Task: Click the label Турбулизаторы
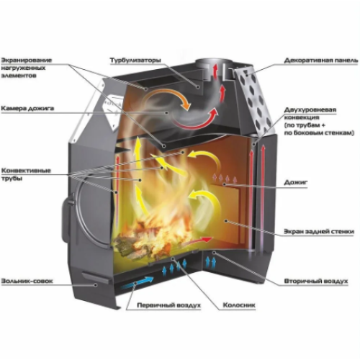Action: tap(135, 60)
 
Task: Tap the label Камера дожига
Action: tap(27, 109)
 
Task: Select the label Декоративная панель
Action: tap(321, 60)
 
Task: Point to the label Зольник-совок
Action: tap(27, 281)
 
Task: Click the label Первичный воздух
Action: tap(168, 305)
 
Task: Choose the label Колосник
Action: tap(239, 305)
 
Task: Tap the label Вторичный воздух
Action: tap(316, 281)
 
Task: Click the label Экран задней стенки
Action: tap(319, 232)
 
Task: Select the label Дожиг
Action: tap(296, 182)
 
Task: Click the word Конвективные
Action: tap(26, 171)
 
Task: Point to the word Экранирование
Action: tap(27, 60)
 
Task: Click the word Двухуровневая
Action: tap(310, 110)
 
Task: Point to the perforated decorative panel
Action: tap(254, 101)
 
